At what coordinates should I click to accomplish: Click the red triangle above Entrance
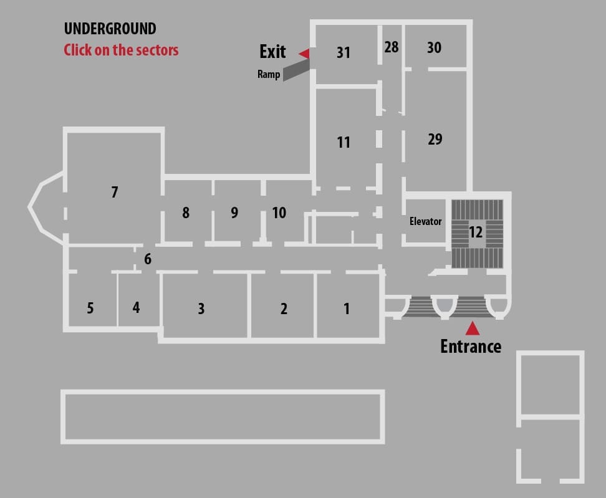point(473,328)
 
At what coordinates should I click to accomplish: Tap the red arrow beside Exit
point(305,54)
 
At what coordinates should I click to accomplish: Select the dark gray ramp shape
point(296,70)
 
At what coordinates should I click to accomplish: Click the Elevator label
point(426,221)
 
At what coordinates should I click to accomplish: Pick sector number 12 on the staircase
point(475,232)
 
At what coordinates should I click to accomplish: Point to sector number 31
point(343,52)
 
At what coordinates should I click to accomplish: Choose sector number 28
point(391,47)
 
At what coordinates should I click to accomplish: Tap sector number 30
point(434,47)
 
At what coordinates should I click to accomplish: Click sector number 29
point(435,139)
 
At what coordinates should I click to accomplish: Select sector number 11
point(343,142)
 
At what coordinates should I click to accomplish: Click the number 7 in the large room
point(114,192)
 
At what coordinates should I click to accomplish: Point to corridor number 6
point(148,259)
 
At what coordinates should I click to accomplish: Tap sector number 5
point(90,308)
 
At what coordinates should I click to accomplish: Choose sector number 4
point(136,307)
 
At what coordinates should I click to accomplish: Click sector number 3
point(201,309)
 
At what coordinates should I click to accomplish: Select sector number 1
point(347,309)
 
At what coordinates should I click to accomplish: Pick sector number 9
point(234,213)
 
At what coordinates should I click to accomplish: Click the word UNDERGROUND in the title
point(110,29)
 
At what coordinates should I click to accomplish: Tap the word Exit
point(272,51)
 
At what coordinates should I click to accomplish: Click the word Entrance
point(471,346)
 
